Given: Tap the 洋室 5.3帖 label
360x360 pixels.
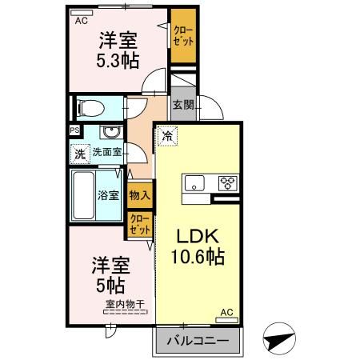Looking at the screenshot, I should [118, 50].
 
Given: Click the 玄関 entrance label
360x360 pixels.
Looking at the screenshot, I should [182, 104].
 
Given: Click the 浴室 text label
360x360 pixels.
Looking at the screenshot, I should [109, 194].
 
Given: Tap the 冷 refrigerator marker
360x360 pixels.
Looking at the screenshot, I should [166, 136].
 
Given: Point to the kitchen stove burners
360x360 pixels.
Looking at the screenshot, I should [228, 183].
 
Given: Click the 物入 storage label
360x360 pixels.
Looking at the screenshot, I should [139, 194].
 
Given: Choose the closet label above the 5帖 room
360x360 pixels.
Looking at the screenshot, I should [139, 223].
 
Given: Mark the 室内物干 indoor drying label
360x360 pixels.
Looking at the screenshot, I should [123, 304].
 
